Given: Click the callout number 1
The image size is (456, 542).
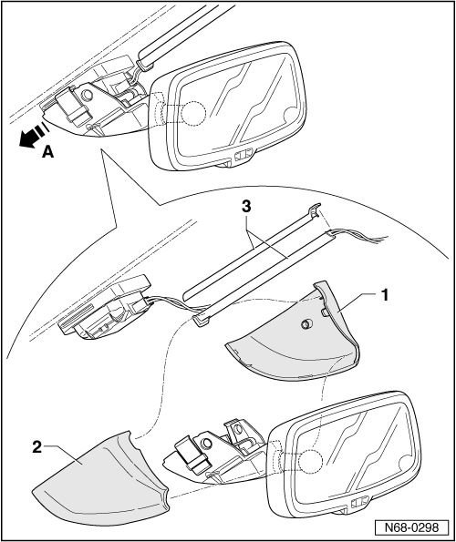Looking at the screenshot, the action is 384,296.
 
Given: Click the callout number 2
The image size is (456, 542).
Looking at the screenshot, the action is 37,447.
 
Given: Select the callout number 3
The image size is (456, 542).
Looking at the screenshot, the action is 246,207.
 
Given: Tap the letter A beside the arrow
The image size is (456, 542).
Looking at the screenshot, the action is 48,152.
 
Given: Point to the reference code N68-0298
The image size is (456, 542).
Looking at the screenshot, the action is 412,527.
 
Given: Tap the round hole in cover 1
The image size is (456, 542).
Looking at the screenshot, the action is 306,323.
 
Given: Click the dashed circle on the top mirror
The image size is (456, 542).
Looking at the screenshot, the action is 192,112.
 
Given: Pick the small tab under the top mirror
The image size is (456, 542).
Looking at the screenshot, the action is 244,156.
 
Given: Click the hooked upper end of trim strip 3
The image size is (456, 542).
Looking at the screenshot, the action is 315,210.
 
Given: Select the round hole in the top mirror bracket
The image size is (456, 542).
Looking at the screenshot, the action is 86,95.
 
